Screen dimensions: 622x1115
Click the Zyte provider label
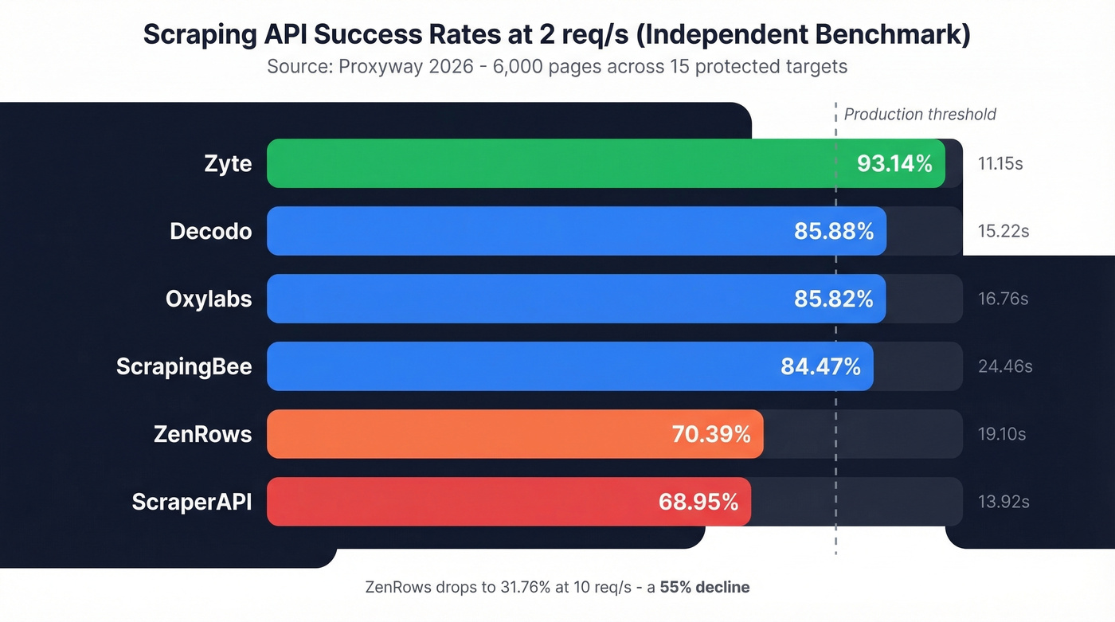tap(228, 164)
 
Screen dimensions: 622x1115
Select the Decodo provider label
tap(211, 232)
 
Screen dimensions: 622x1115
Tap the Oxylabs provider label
tap(209, 299)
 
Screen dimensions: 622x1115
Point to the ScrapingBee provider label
tap(184, 366)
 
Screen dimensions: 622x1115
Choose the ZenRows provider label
tap(202, 434)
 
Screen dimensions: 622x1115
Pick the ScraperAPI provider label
tap(192, 502)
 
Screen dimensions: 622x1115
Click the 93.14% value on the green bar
tap(894, 164)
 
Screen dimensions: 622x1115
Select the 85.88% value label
tap(834, 232)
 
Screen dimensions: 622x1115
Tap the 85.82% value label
tap(834, 299)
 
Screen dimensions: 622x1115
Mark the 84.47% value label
tap(820, 366)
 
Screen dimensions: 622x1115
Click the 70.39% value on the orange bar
tap(711, 434)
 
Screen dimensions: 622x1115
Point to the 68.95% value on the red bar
tap(698, 502)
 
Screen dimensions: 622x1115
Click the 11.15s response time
tap(1000, 164)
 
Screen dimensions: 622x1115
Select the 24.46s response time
tap(1005, 366)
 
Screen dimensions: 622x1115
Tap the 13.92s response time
tap(1003, 502)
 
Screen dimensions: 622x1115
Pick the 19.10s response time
tap(1002, 434)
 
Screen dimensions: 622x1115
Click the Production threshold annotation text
tap(920, 115)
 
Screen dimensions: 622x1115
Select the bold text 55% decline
tap(705, 588)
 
